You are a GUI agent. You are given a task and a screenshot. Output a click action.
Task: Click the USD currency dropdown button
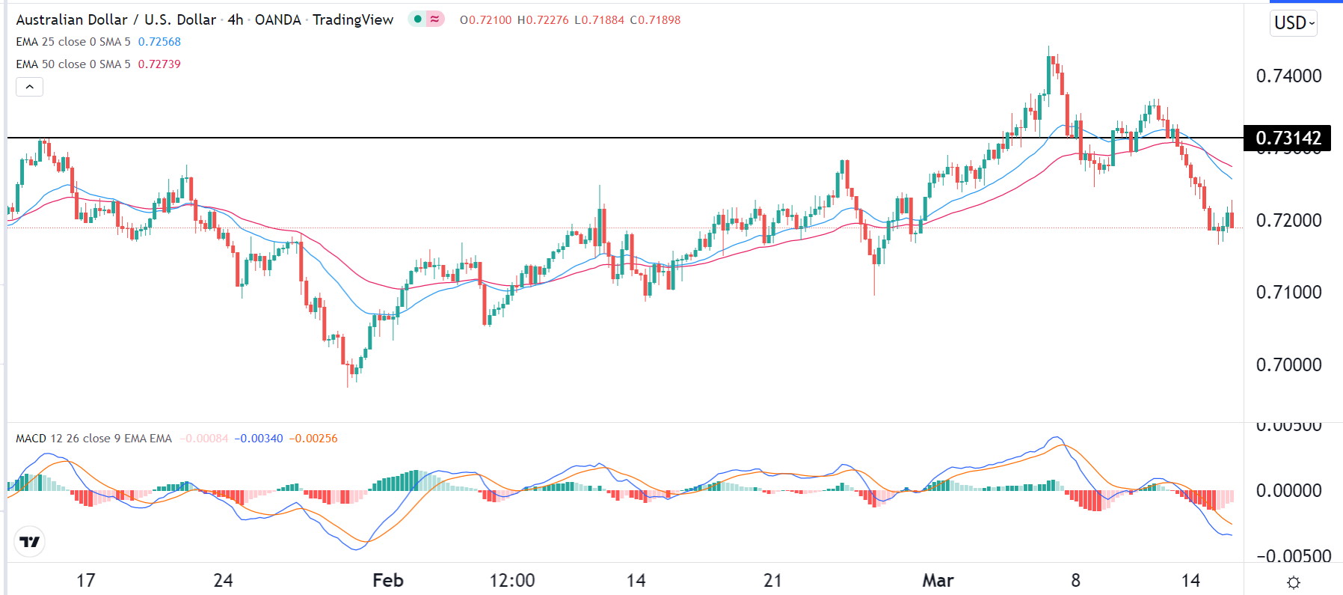(x=1294, y=23)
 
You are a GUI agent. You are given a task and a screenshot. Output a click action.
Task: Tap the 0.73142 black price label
(x=1288, y=138)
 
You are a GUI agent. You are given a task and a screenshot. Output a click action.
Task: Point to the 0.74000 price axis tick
(x=1288, y=76)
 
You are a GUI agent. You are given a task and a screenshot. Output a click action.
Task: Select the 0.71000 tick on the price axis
(x=1288, y=293)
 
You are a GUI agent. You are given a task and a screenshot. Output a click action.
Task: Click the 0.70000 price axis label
(x=1288, y=365)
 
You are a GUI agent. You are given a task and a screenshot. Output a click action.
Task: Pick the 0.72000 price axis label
(x=1288, y=221)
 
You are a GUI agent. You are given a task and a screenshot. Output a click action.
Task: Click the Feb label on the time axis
(x=387, y=581)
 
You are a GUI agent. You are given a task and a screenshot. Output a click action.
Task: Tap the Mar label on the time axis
(x=938, y=581)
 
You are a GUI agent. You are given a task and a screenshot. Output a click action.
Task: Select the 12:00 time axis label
(x=512, y=581)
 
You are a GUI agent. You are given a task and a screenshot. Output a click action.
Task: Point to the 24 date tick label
(x=223, y=581)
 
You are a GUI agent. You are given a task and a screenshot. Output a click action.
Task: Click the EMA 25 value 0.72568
(x=159, y=42)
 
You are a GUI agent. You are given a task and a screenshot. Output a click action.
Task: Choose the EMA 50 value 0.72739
(x=159, y=64)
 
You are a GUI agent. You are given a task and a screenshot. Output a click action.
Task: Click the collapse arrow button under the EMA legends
(x=30, y=87)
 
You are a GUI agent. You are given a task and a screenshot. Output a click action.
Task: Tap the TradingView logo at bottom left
(x=30, y=542)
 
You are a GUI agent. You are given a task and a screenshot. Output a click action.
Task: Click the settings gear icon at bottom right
(x=1294, y=582)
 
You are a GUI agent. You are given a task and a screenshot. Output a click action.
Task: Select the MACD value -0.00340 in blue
(x=259, y=439)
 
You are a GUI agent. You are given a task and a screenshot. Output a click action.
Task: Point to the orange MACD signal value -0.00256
(x=313, y=439)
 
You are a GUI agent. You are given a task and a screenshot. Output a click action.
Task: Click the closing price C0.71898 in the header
(x=655, y=20)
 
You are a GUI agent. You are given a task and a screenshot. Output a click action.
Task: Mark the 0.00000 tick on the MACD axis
(x=1288, y=491)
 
